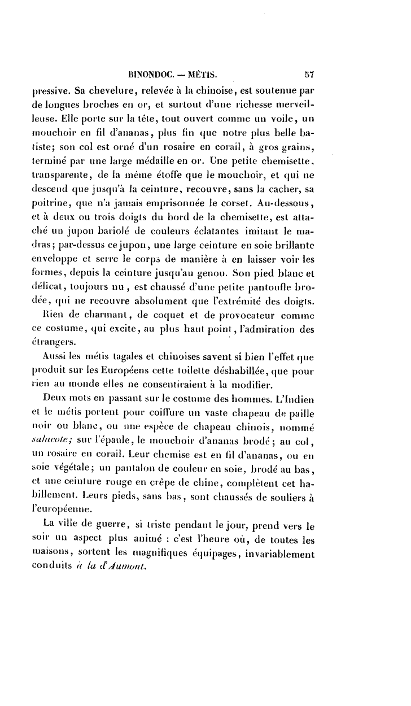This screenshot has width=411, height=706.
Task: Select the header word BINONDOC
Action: pyautogui.click(x=150, y=73)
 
